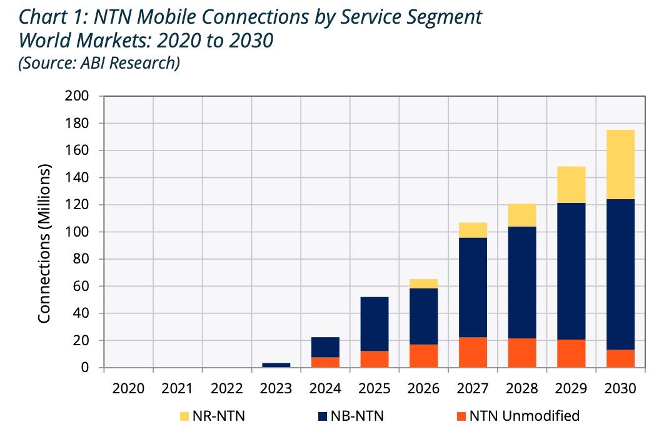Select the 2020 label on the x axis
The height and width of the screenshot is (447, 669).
click(128, 388)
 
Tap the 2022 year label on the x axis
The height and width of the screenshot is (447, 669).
click(227, 388)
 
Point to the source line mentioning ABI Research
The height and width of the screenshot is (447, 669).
click(99, 62)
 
